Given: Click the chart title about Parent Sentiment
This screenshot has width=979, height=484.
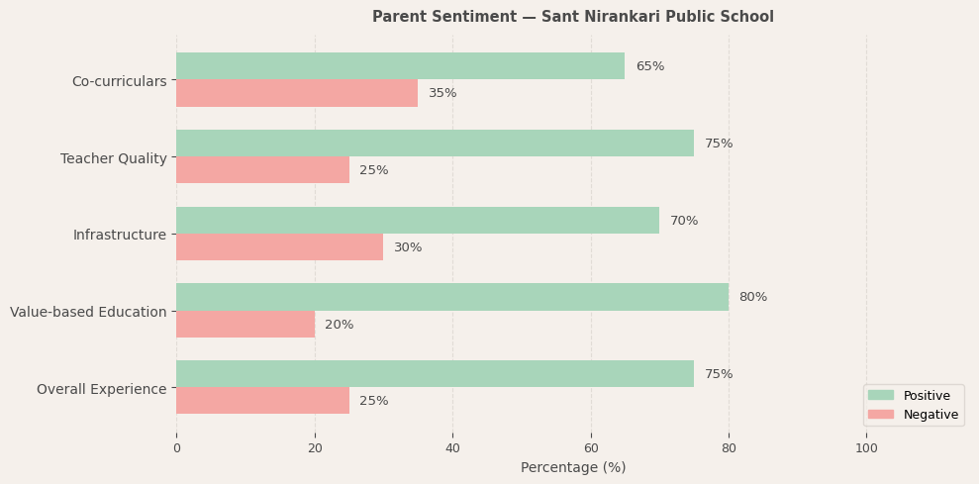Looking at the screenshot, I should pyautogui.click(x=572, y=17).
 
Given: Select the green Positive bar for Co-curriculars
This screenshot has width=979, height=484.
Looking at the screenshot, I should pyautogui.click(x=400, y=66).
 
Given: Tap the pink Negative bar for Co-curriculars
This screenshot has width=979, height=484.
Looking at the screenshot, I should pyautogui.click(x=297, y=93).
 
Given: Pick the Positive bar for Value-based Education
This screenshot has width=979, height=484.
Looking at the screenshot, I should pyautogui.click(x=452, y=297).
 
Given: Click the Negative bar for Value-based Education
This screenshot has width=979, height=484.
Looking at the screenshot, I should pyautogui.click(x=245, y=325).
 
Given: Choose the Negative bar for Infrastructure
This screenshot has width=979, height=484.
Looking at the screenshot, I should pyautogui.click(x=279, y=247).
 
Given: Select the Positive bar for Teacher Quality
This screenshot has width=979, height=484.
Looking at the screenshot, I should pyautogui.click(x=435, y=144).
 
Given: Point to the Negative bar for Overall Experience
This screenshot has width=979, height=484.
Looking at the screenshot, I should pyautogui.click(x=262, y=401).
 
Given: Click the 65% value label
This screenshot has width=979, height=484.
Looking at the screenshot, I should pyautogui.click(x=649, y=66).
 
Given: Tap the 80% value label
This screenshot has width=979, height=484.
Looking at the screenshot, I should pyautogui.click(x=752, y=297).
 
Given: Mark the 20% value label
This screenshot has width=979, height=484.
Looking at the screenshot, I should pyautogui.click(x=339, y=325).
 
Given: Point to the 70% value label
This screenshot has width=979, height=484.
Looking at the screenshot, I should pyautogui.click(x=684, y=221).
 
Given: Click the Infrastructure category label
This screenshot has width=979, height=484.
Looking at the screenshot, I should pyautogui.click(x=120, y=235).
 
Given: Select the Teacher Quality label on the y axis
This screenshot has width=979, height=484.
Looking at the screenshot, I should pyautogui.click(x=114, y=158).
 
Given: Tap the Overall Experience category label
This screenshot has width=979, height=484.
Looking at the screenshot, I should pyautogui.click(x=102, y=389).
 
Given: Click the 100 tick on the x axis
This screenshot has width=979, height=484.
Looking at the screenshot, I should pyautogui.click(x=866, y=448).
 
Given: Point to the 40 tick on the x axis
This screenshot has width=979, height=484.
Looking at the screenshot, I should pyautogui.click(x=452, y=448).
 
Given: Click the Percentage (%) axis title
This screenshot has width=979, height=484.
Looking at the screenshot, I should pyautogui.click(x=572, y=467).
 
